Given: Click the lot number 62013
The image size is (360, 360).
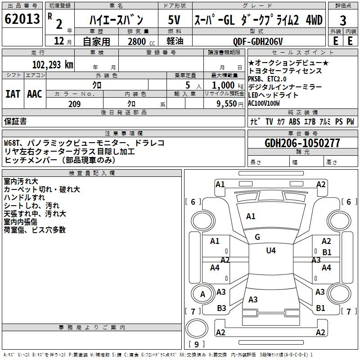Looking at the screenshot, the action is coord(22,18).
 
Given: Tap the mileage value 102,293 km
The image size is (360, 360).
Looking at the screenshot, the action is coord(53,65).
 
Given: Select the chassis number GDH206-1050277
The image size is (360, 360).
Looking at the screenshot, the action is coord(302,143).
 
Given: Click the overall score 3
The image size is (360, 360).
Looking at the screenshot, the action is coord(343,21).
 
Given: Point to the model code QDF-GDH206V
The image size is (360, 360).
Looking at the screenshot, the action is coord(258,41).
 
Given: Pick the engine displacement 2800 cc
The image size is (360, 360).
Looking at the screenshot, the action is coord(141,41).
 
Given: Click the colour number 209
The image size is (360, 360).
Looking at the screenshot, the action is coord(74,104).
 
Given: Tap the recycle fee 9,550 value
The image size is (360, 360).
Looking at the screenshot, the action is coord(227,104).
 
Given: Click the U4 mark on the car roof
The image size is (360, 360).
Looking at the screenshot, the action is coord(271,251).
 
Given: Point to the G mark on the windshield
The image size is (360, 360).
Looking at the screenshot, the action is coord(257,237).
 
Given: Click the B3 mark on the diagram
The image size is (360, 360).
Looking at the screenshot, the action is coord(221,308).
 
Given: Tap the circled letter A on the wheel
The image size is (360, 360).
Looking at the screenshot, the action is coord(202,294).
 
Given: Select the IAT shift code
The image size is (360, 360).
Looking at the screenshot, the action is coord(13,94).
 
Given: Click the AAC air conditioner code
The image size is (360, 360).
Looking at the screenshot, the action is coord(35,94).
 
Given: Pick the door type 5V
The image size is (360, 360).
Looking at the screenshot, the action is coord(174,20).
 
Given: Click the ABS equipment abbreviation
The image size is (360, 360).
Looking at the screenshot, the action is coord(294,121).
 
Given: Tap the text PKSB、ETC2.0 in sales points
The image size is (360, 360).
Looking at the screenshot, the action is coord(267,79).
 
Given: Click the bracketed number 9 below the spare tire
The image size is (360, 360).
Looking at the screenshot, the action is coord(197,344).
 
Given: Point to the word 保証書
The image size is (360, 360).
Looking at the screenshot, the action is coord(15,121).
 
